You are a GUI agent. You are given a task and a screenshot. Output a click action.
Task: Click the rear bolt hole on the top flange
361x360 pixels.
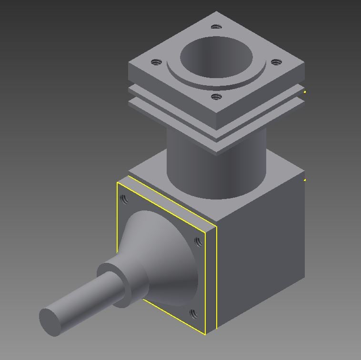216,27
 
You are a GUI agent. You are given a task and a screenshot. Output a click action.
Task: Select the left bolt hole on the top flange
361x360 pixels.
156,62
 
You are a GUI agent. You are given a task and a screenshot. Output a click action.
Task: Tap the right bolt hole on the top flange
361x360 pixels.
275,62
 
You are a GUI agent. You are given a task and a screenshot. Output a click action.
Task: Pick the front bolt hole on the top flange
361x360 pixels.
216,97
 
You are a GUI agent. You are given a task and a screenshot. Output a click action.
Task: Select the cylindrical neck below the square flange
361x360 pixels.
191,162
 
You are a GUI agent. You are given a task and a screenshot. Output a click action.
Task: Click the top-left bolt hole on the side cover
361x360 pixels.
124,199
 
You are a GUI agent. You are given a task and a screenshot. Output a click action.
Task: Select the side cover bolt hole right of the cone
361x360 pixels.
199,242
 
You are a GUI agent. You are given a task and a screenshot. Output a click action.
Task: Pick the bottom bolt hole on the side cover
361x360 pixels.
193,314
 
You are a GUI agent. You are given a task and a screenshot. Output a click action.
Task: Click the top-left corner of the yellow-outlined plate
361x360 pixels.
118,183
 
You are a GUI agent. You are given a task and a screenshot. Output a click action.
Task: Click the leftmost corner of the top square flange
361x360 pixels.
129,65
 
